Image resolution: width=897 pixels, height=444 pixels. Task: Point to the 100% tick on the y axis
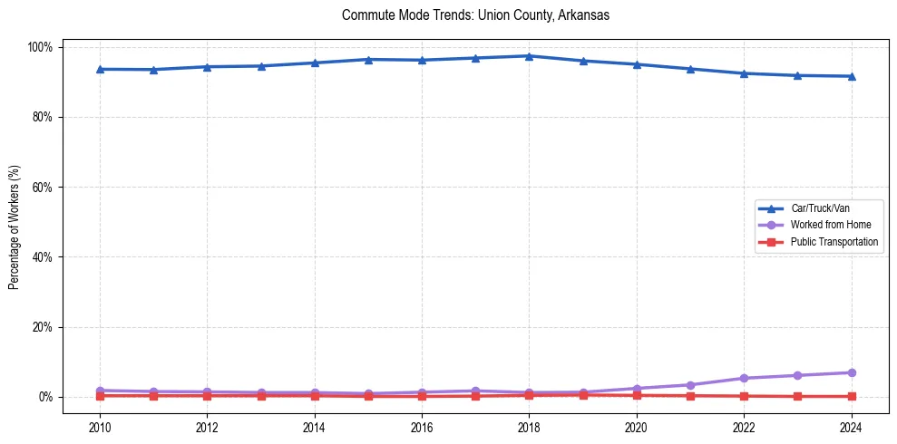tap(42, 47)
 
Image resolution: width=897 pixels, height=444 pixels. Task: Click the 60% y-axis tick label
tap(44, 187)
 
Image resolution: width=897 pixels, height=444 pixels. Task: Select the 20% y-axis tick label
tap(44, 327)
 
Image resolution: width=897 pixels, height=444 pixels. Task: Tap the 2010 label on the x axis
tap(100, 427)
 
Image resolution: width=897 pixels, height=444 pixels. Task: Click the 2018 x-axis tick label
tap(529, 427)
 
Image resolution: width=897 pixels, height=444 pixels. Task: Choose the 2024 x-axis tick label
tap(851, 427)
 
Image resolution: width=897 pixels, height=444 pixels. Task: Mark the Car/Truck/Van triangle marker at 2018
tap(529, 56)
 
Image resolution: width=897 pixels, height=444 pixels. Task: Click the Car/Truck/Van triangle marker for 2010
tap(100, 69)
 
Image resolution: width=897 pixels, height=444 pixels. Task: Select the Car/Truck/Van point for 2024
tap(851, 76)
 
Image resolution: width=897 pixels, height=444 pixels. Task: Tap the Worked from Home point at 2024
tap(851, 372)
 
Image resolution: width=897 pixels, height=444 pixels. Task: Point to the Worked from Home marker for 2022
tap(744, 378)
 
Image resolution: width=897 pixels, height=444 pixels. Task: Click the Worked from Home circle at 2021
tap(690, 385)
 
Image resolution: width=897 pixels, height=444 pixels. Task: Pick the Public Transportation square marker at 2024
tap(851, 396)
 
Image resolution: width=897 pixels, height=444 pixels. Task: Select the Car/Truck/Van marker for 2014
tap(315, 63)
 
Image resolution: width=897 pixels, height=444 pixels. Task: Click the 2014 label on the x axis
tap(315, 427)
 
